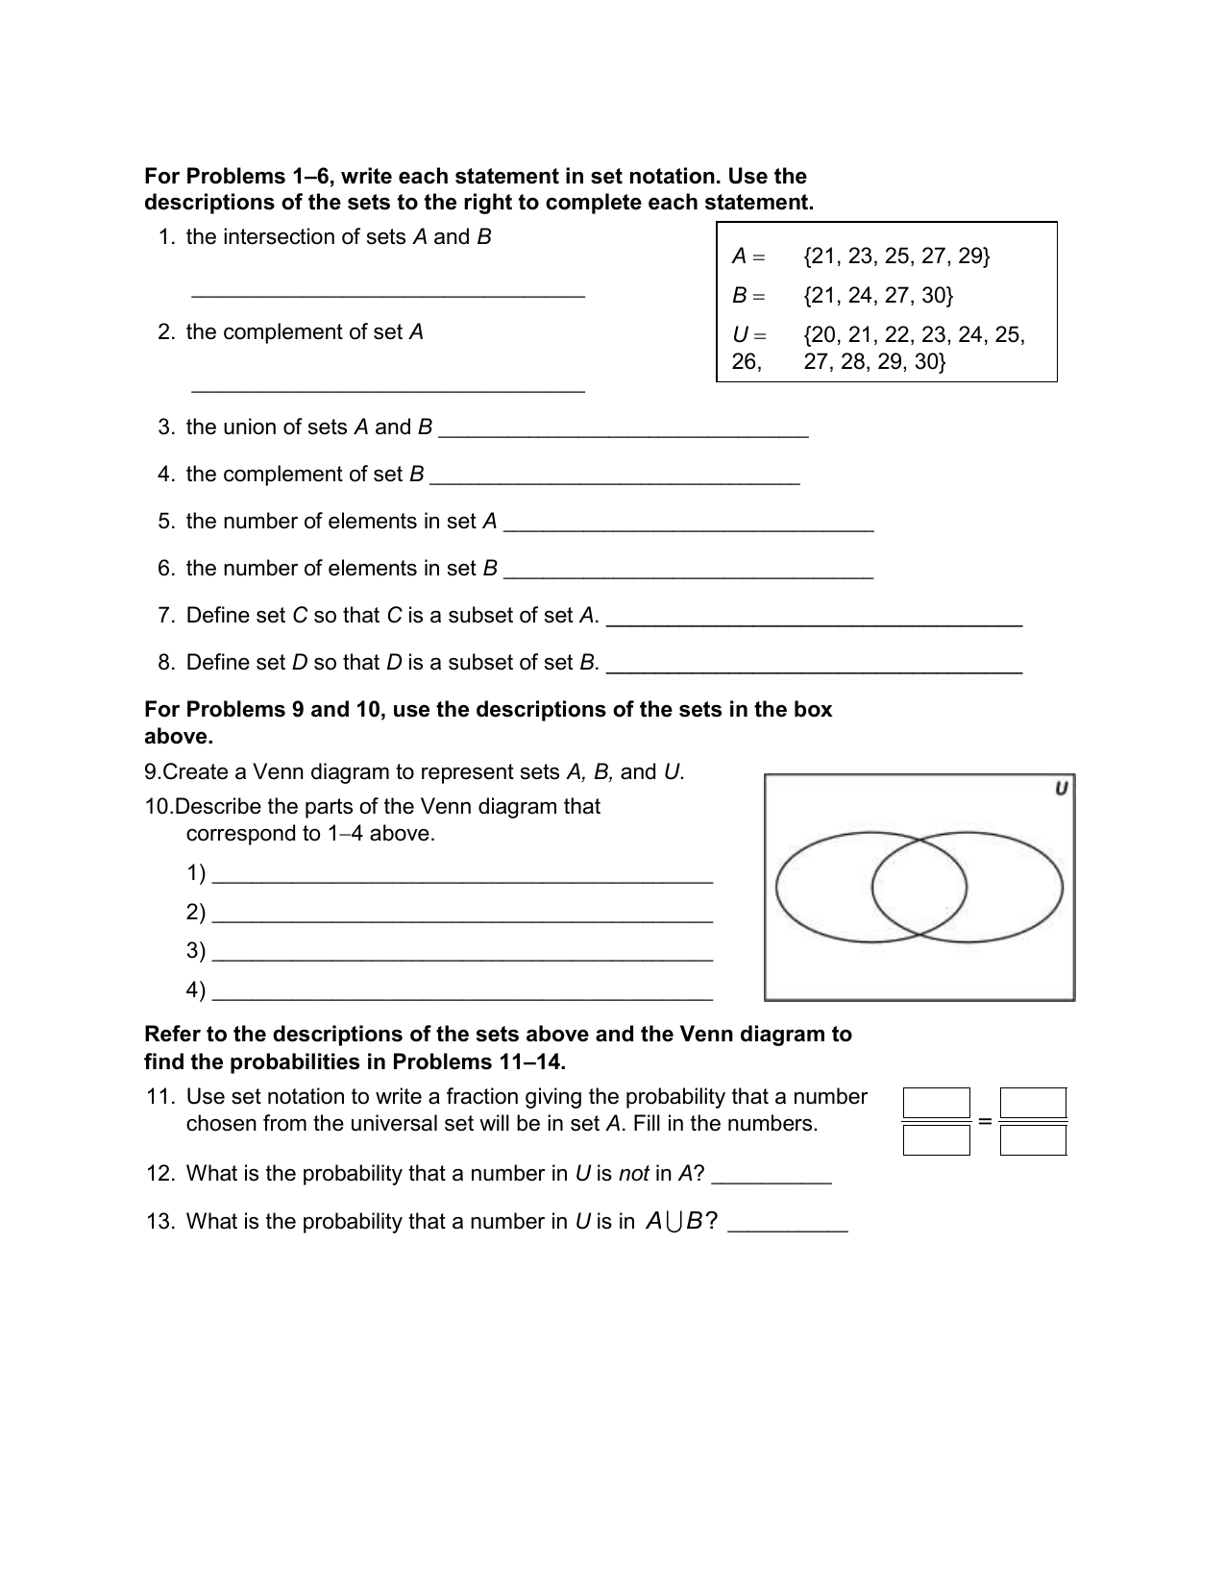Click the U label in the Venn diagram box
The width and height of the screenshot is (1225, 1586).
[x=1061, y=789]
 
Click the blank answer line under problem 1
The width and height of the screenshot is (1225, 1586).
[x=388, y=295]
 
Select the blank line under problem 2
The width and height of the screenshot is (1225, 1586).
[x=388, y=389]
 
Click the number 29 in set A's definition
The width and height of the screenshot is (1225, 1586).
[x=971, y=256]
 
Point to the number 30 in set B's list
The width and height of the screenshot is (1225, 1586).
[x=935, y=296]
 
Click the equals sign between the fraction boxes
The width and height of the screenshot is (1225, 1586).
[x=985, y=1121]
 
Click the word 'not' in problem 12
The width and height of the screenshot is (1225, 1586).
[x=633, y=1174]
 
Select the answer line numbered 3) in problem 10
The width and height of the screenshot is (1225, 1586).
[x=461, y=958]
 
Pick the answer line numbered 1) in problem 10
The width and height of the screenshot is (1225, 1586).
[x=461, y=880]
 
